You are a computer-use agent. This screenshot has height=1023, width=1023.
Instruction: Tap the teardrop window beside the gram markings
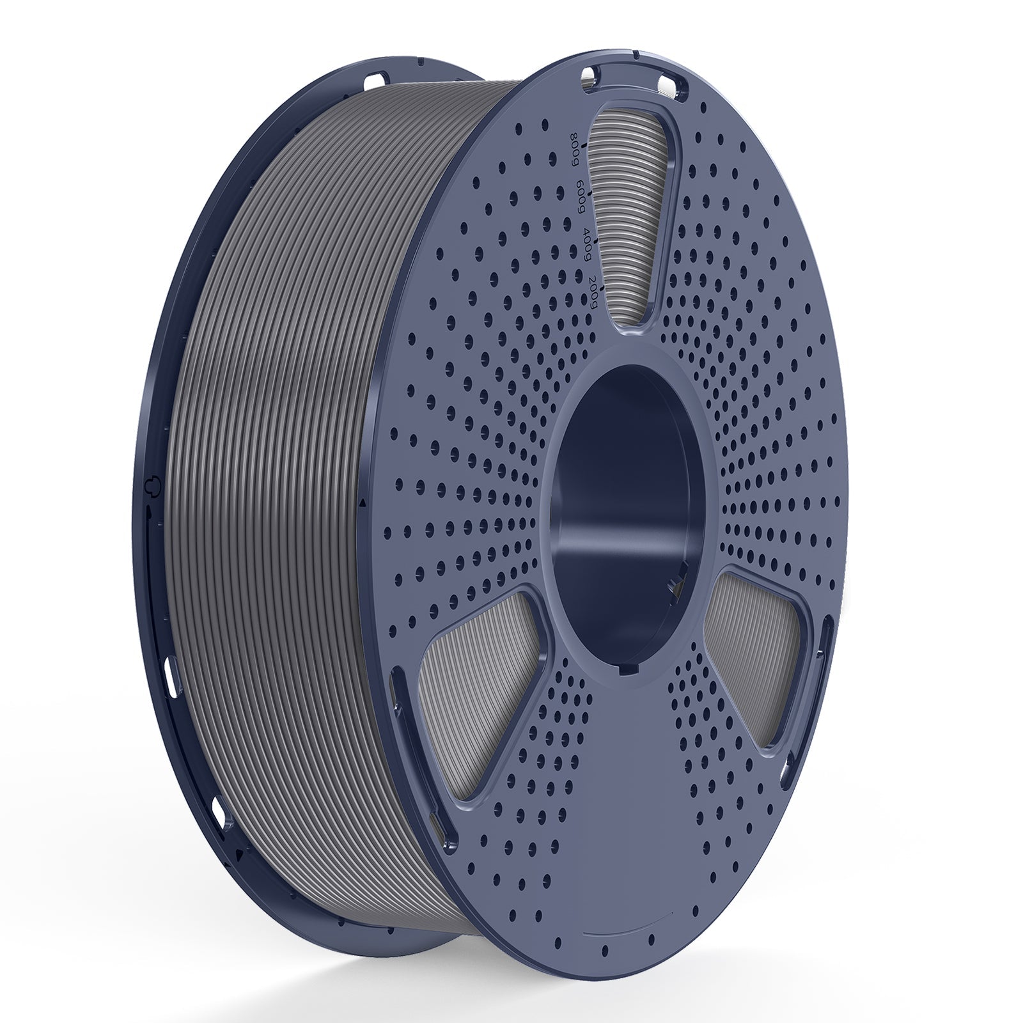[x=646, y=211]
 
